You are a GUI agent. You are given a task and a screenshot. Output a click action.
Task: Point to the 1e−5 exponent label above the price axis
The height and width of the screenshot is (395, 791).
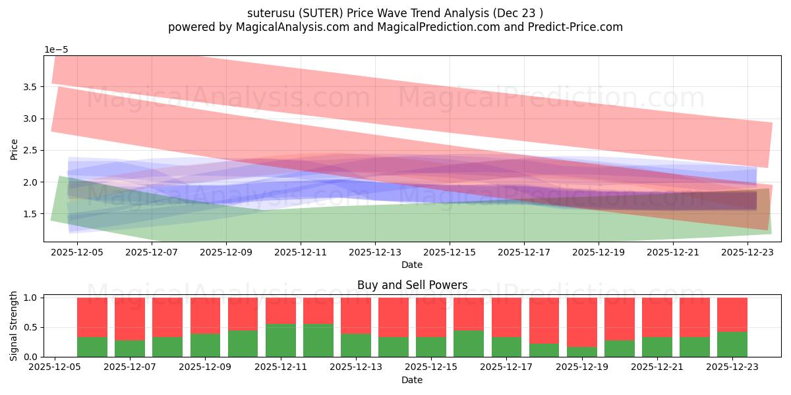[x=56, y=50]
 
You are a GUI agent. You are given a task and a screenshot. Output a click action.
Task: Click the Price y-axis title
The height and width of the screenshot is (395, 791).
[x=14, y=149]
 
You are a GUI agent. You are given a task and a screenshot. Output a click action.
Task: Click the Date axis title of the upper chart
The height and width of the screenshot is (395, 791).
[x=412, y=265]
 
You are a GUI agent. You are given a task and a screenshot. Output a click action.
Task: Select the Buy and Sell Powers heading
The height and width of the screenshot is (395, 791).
[x=412, y=285]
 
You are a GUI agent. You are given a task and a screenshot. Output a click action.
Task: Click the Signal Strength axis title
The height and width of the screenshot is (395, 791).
[x=14, y=327]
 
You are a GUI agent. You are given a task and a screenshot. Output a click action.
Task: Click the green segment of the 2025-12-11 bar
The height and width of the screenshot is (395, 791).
[x=281, y=340]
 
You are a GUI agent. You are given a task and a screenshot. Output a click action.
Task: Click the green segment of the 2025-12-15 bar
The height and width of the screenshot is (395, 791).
[x=431, y=347]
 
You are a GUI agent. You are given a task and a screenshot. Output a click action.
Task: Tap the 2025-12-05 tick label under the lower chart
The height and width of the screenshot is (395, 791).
[x=55, y=367]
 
